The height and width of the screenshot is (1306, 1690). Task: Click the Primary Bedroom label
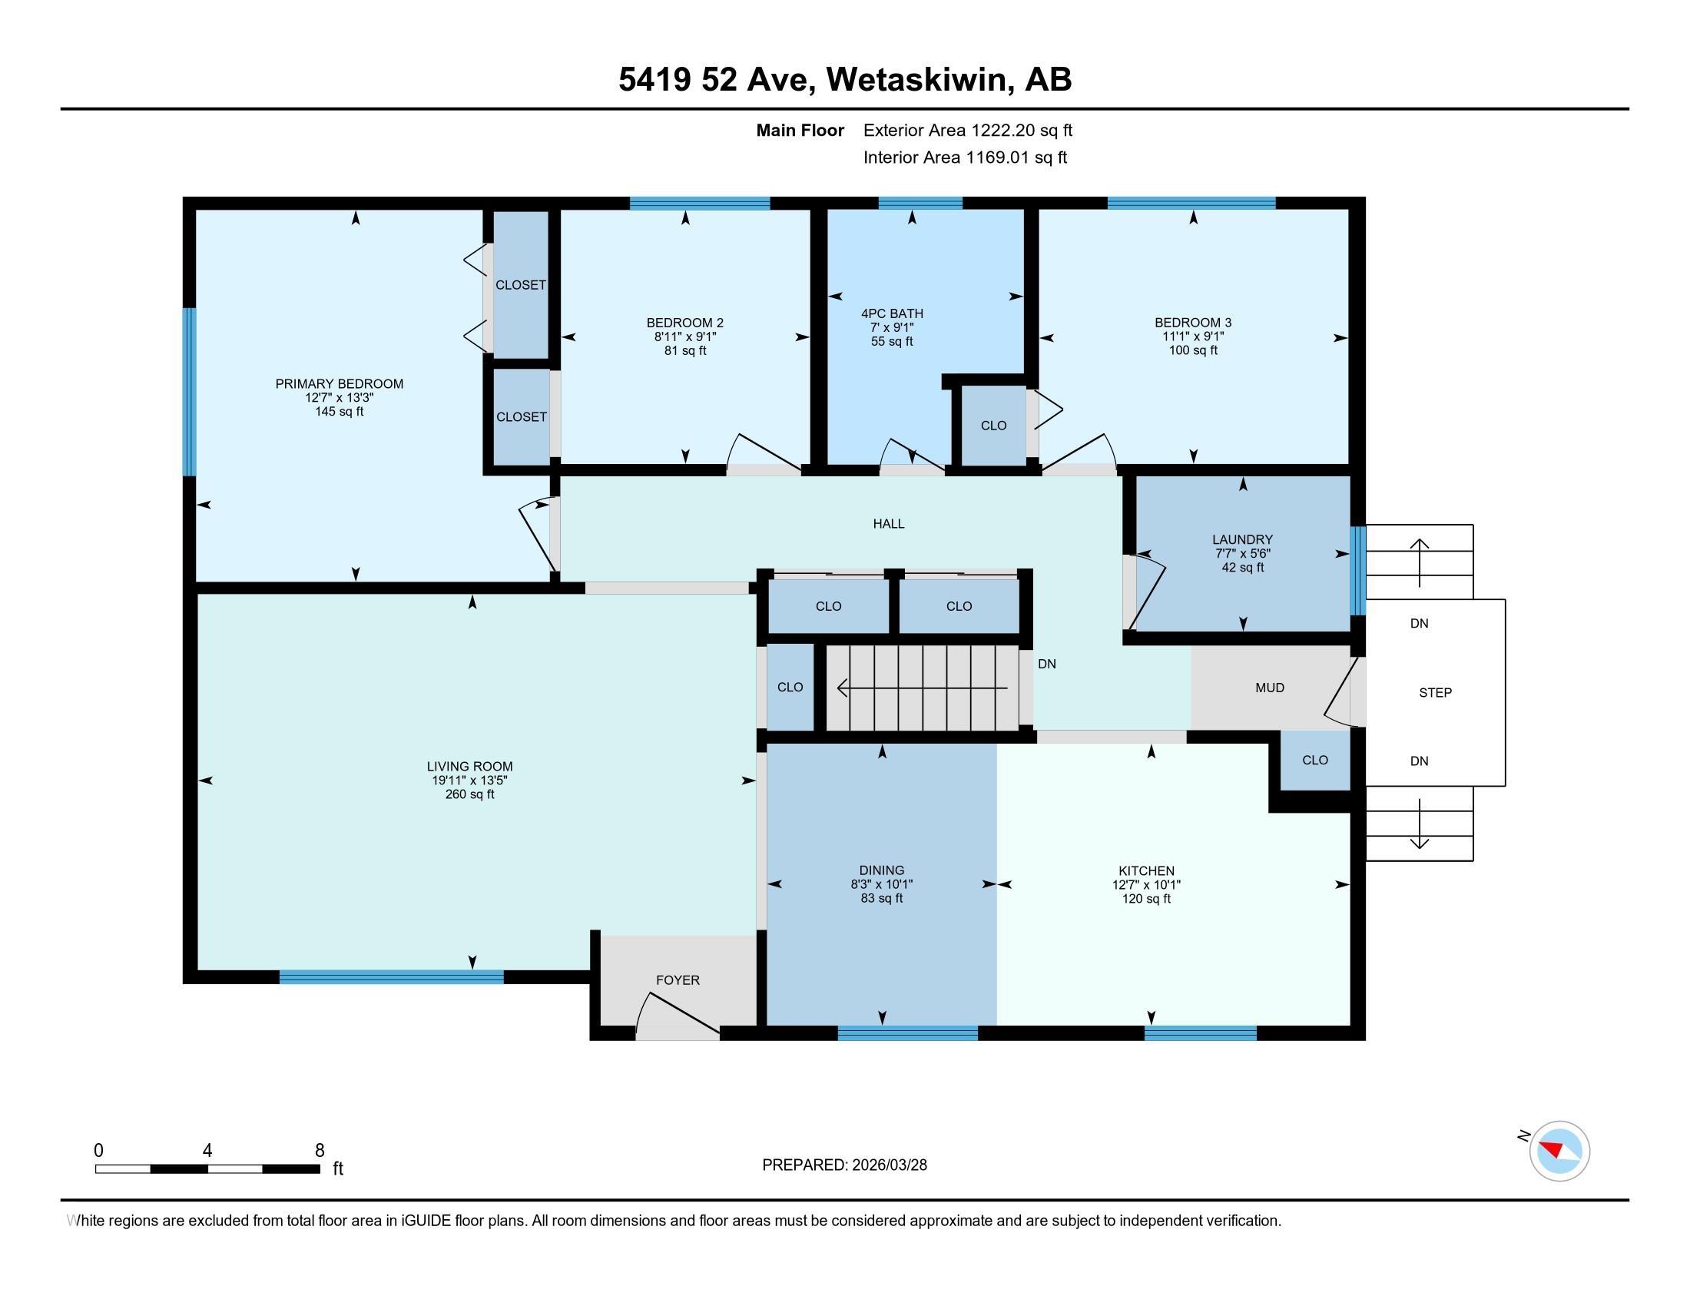click(339, 384)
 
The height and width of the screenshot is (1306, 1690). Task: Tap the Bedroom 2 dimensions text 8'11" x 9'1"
click(684, 336)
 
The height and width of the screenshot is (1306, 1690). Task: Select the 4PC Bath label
click(891, 313)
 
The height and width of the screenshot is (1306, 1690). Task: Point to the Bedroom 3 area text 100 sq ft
click(1192, 350)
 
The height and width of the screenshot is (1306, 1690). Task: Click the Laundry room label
click(1242, 539)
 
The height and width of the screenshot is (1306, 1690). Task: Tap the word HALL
click(888, 524)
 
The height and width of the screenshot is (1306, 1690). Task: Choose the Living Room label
click(469, 767)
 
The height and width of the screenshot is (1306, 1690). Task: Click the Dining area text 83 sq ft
click(881, 898)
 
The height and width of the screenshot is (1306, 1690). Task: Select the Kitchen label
click(1146, 870)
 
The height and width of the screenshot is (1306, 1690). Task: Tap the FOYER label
click(678, 980)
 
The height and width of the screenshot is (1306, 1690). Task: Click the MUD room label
click(1270, 687)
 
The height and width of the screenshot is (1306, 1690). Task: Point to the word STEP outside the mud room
click(1435, 692)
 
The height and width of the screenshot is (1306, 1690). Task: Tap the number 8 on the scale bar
click(320, 1151)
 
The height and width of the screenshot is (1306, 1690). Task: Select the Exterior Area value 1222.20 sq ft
click(1022, 130)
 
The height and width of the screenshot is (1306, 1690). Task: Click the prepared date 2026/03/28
click(888, 1165)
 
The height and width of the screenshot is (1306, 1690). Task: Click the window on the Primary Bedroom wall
click(189, 392)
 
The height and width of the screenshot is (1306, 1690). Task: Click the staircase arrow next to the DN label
click(923, 687)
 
